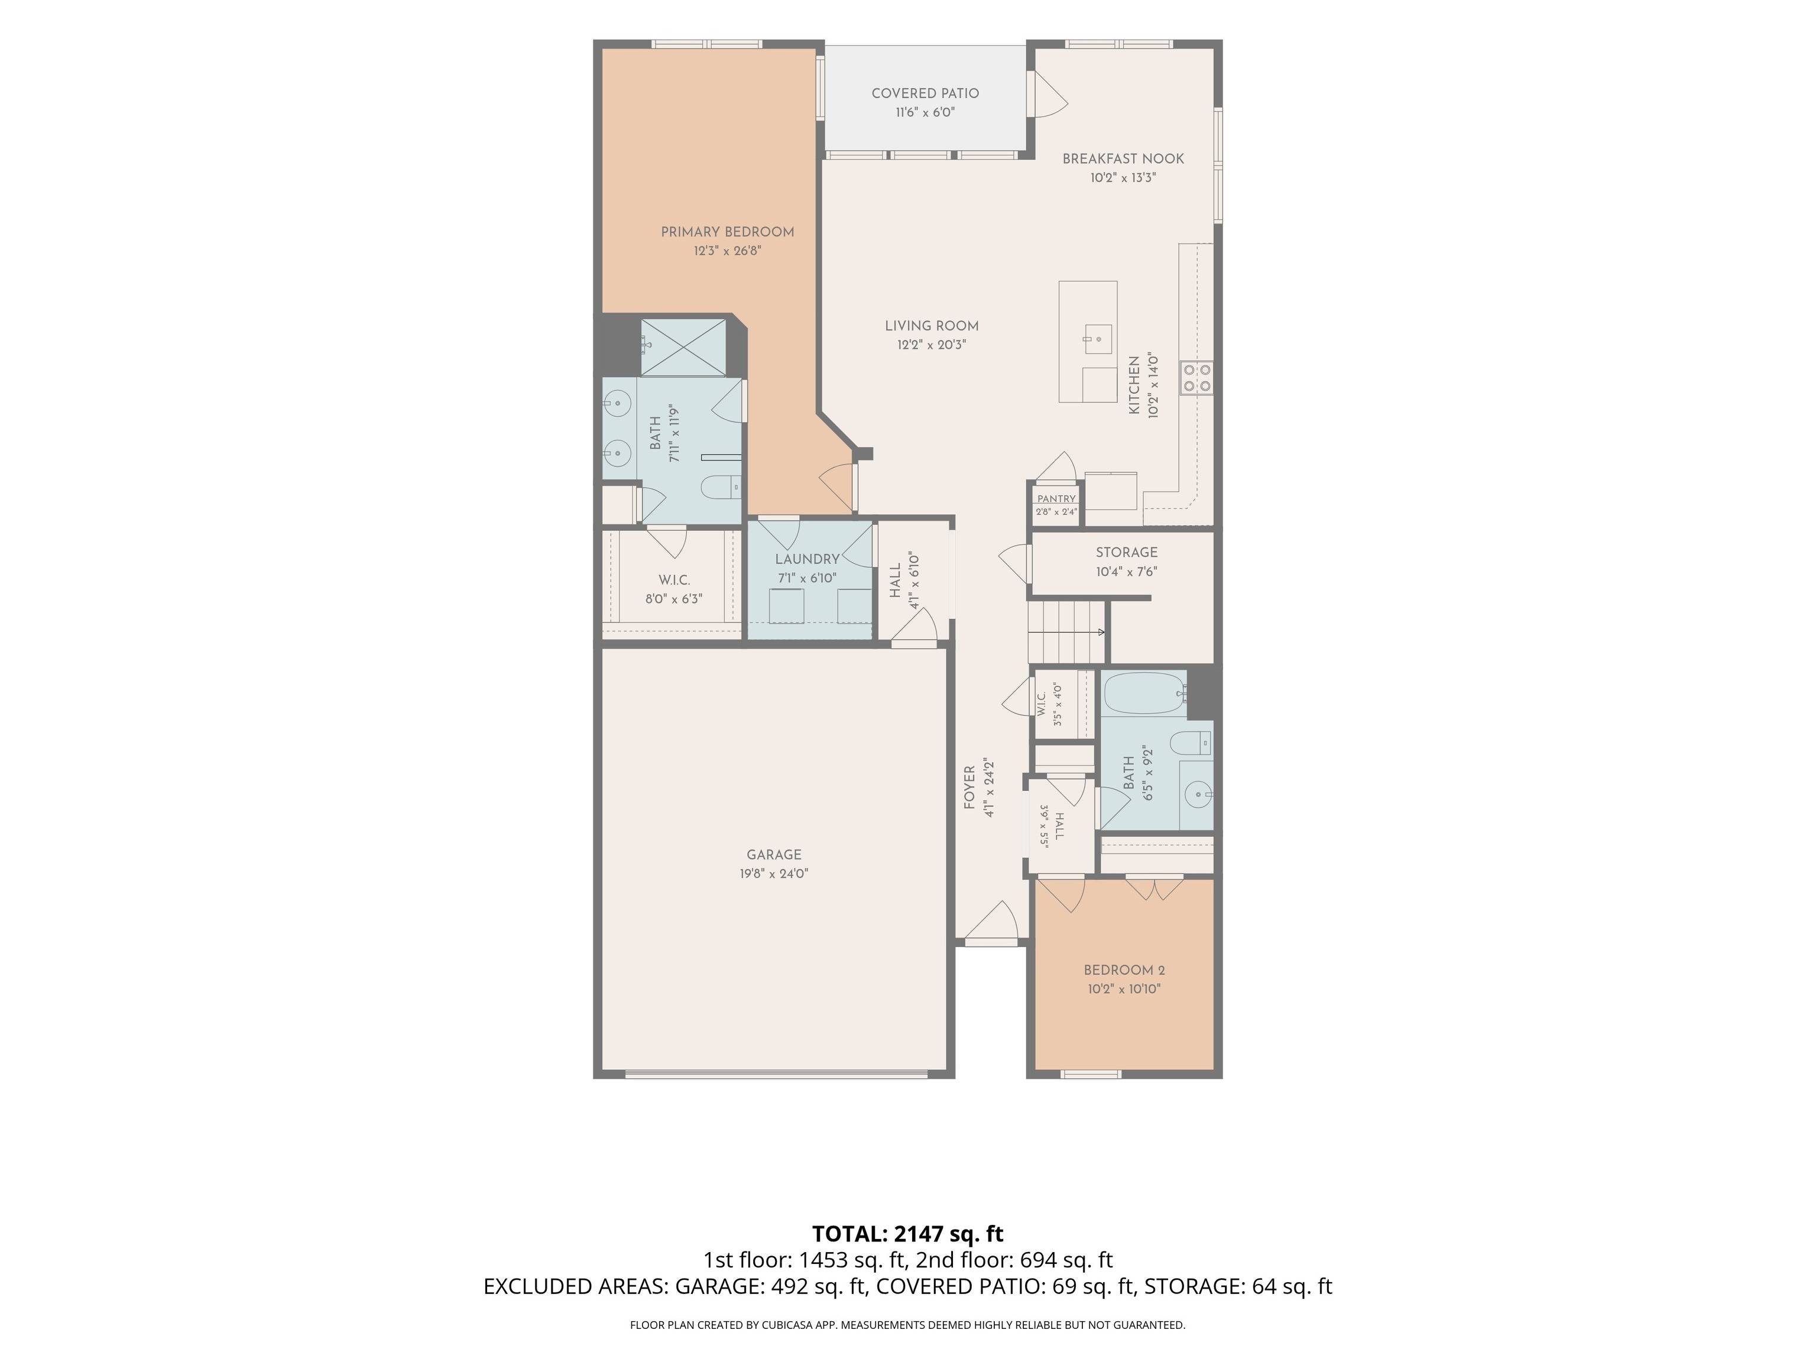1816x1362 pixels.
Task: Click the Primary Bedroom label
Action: click(x=727, y=232)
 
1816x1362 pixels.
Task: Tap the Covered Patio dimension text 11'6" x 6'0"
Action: click(x=925, y=112)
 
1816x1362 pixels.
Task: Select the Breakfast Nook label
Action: click(x=1123, y=159)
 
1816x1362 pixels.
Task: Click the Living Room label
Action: click(x=932, y=326)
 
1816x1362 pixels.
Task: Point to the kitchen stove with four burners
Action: click(x=1196, y=378)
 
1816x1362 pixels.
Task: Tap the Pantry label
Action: click(x=1056, y=498)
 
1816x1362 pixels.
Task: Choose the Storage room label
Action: click(x=1126, y=553)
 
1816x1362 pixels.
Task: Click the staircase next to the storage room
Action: click(x=1066, y=631)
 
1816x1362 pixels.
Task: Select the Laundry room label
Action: click(x=807, y=559)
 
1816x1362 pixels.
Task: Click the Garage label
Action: click(x=773, y=855)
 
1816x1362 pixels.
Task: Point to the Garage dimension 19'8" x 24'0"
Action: click(x=773, y=874)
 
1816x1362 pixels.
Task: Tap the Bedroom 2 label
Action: click(x=1124, y=971)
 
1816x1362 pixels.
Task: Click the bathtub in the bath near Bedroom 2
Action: click(x=1143, y=694)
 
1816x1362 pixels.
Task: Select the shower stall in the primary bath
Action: click(x=683, y=348)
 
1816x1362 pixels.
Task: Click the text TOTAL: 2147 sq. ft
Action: click(x=907, y=1233)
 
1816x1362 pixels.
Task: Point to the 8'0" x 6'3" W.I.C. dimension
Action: click(x=673, y=599)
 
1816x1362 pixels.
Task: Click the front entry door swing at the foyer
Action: click(x=992, y=921)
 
